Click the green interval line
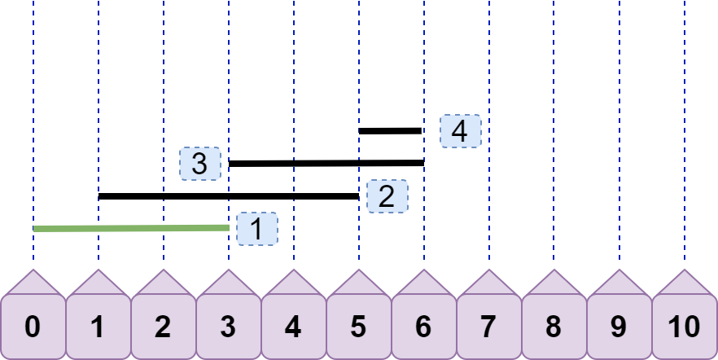tap(131, 228)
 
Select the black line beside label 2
tap(229, 196)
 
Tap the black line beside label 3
tap(326, 163)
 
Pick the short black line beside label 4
tap(390, 131)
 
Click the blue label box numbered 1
tap(257, 229)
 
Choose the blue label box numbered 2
tap(387, 196)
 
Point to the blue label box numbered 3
tap(200, 164)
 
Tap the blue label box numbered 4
tap(461, 131)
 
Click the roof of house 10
tap(685, 285)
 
